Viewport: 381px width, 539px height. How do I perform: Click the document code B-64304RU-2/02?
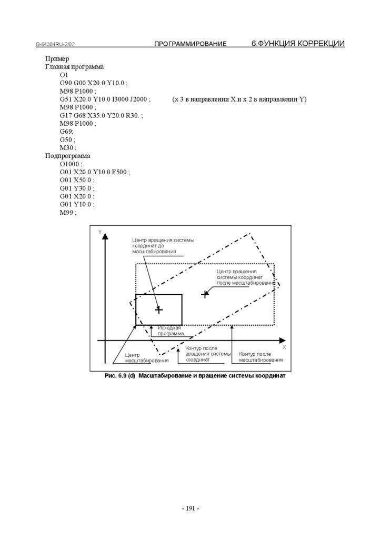click(x=59, y=45)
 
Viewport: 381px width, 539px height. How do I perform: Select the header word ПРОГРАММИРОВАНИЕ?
click(x=190, y=44)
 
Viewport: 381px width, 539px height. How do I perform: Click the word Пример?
click(x=57, y=59)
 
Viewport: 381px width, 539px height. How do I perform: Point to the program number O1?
click(x=64, y=75)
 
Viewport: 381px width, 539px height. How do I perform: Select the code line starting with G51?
click(x=105, y=99)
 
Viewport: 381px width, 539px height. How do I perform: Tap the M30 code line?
click(x=68, y=148)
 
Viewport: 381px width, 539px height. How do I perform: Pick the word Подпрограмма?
click(x=68, y=156)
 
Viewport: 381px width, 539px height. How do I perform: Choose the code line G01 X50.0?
click(x=77, y=180)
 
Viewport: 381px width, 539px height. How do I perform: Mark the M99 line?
click(x=68, y=212)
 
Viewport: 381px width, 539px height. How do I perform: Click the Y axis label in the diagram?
click(x=100, y=232)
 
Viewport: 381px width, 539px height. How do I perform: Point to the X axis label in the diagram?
click(x=284, y=347)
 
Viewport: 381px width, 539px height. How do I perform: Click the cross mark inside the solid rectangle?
click(x=159, y=310)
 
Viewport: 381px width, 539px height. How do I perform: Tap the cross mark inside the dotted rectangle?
click(x=205, y=294)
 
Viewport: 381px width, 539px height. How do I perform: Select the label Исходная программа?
click(x=171, y=331)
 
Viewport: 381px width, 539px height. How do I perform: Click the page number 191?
click(x=190, y=508)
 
